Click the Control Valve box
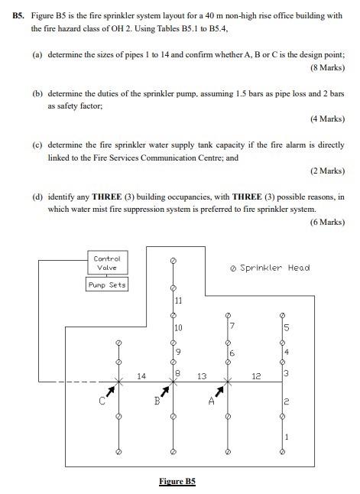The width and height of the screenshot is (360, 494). [107, 263]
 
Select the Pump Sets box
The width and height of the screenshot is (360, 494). [107, 285]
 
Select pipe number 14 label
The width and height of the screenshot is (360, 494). [141, 375]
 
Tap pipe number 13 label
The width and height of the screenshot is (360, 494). [202, 375]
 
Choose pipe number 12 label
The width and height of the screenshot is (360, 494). [257, 375]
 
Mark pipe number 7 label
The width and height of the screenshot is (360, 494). [232, 327]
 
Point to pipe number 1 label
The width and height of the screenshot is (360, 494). [287, 437]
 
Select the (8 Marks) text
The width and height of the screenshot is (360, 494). [327, 68]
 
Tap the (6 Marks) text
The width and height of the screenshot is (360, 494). [327, 222]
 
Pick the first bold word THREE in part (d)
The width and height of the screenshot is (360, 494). [109, 197]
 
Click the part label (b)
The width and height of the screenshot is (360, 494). [37, 93]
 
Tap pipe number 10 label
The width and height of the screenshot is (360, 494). [178, 328]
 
